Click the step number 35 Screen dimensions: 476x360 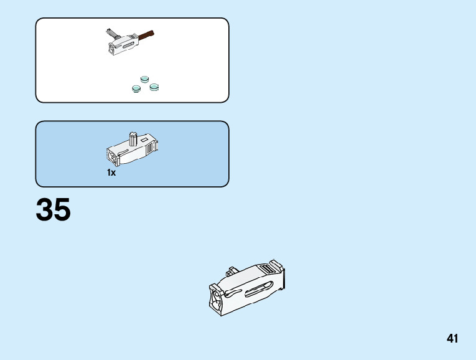click(54, 211)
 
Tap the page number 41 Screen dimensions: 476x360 click(452, 339)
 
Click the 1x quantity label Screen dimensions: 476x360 click(111, 173)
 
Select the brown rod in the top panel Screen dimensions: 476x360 click(147, 35)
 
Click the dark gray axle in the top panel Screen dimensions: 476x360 click(112, 33)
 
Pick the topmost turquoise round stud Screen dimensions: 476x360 click(145, 79)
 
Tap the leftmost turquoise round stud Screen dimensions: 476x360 click(136, 88)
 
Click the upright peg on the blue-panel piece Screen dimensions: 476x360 click(133, 138)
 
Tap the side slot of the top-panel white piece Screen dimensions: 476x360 click(127, 45)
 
